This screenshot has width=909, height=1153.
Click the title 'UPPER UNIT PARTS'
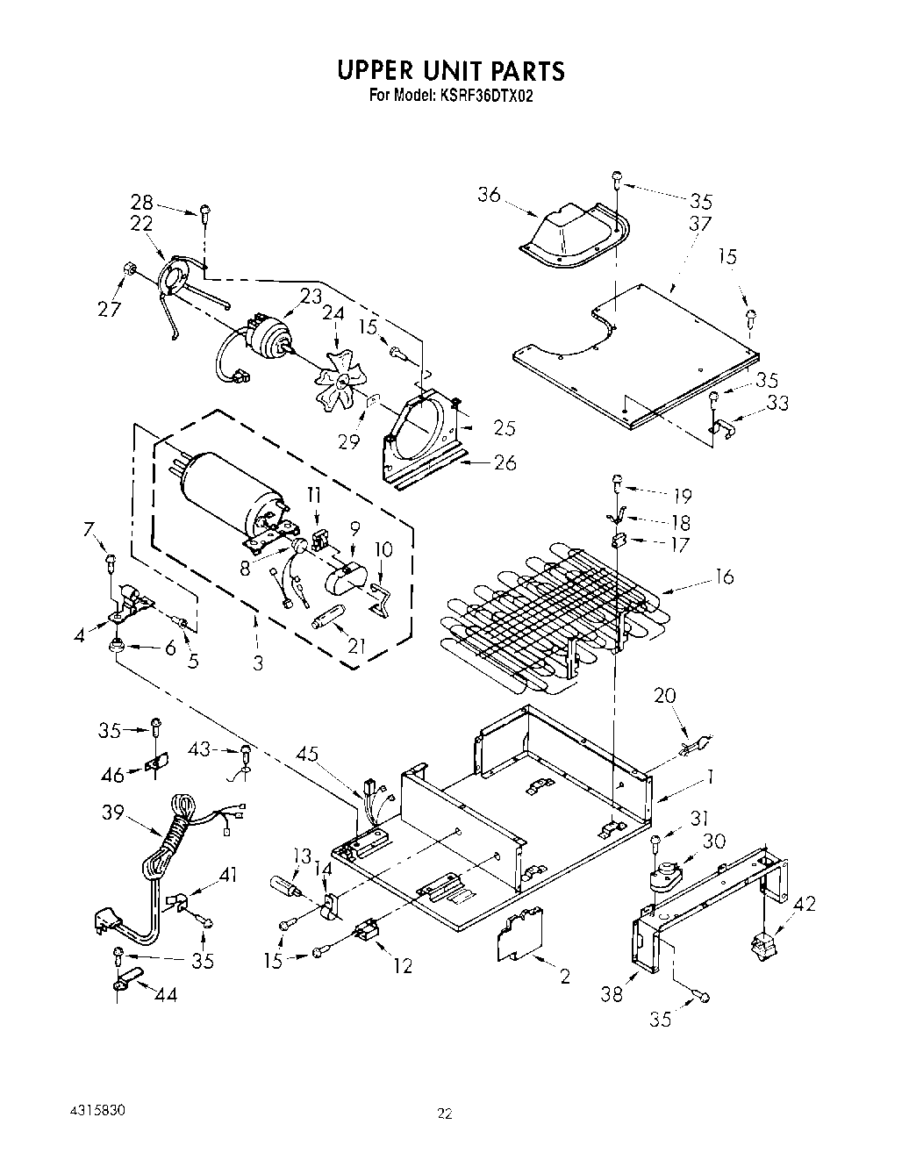click(x=451, y=70)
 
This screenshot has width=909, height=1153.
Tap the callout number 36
click(x=489, y=195)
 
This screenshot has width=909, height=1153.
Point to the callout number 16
click(x=724, y=576)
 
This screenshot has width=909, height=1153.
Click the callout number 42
click(x=803, y=903)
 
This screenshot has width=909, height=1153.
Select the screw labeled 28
click(x=205, y=211)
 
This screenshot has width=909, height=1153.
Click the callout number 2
click(x=565, y=976)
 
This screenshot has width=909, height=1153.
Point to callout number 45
click(x=308, y=753)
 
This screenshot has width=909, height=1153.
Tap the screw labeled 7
click(x=111, y=559)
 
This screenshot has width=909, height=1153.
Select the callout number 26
click(x=505, y=462)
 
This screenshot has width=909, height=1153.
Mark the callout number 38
click(x=612, y=994)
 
